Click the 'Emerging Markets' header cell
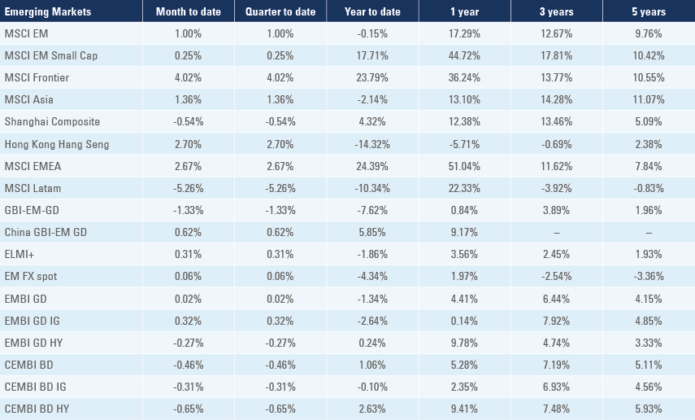pos(48,12)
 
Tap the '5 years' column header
pos(648,12)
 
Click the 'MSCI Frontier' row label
pos(37,78)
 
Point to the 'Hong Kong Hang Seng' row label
pos(56,144)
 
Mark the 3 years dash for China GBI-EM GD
pos(556,233)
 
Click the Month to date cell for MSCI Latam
pos(189,188)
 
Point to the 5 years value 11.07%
pos(648,100)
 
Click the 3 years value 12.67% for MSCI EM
pos(556,34)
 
